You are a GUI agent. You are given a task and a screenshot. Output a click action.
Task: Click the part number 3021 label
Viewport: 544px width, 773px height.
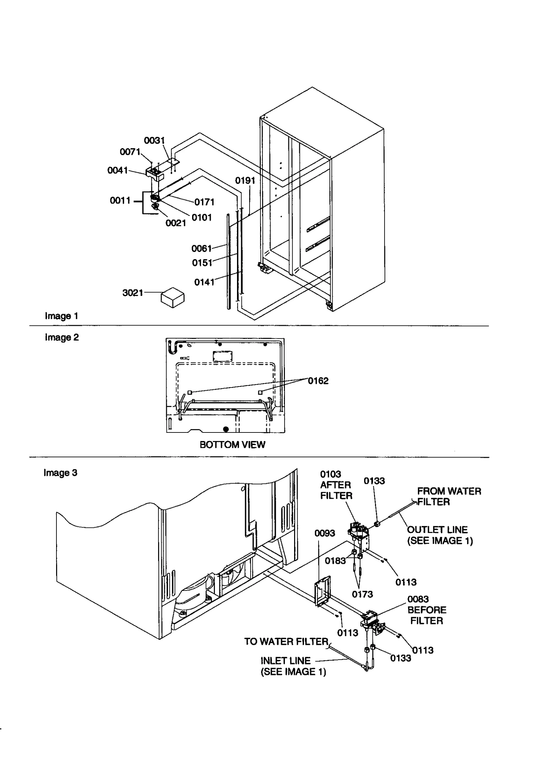pos(132,293)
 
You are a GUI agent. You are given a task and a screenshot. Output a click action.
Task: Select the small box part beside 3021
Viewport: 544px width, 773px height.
pos(172,297)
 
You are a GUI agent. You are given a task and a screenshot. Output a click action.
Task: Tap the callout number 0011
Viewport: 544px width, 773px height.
pos(120,201)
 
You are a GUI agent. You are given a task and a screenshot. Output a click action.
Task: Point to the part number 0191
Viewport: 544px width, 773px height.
pos(245,180)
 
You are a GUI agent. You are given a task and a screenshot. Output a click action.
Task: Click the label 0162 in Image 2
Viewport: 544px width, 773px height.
pos(318,381)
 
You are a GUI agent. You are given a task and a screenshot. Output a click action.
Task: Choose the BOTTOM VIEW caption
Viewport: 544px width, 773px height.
pos(232,445)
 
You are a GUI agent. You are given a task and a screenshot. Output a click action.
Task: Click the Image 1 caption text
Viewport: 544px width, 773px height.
pos(62,316)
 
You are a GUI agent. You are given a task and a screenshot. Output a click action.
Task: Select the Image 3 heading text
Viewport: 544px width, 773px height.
pos(61,473)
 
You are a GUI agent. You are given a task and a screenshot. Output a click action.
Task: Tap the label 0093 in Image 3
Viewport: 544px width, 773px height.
pos(324,533)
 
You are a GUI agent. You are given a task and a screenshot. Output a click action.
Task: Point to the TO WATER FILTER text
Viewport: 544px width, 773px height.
pos(286,642)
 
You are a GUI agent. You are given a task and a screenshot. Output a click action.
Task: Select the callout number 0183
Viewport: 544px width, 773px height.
pos(335,561)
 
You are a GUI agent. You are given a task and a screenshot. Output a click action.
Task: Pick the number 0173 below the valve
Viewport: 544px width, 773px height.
pos(362,595)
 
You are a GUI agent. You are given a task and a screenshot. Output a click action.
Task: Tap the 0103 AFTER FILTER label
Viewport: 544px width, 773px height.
pos(336,485)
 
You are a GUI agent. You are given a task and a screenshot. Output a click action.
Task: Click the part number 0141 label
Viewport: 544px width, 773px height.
pos(204,282)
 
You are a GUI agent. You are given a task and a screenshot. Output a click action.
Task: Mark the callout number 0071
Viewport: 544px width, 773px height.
pos(130,152)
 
